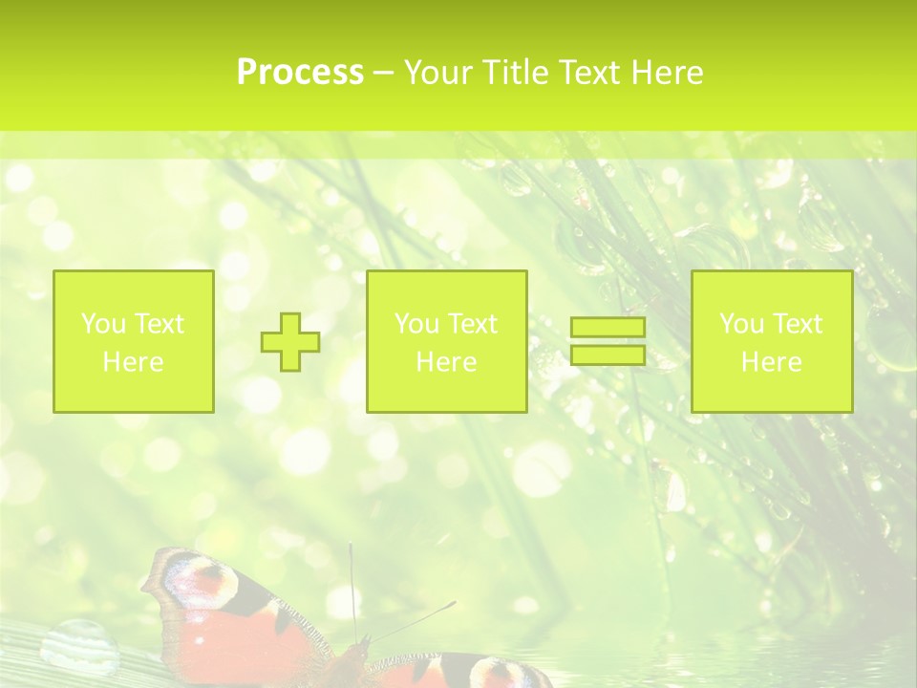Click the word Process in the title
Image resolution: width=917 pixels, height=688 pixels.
click(300, 73)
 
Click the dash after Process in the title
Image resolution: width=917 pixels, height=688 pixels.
click(383, 74)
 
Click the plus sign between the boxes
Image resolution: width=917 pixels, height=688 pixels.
click(291, 342)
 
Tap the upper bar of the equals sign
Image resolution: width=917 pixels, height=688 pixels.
click(608, 328)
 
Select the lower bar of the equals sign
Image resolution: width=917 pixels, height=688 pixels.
click(608, 355)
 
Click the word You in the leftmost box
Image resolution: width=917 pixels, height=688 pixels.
click(102, 324)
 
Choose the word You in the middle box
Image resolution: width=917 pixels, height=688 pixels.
click(416, 324)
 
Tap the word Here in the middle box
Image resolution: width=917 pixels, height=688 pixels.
click(446, 362)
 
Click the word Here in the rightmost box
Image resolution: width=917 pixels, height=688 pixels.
click(771, 362)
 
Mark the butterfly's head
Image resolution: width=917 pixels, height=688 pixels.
click(360, 651)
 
